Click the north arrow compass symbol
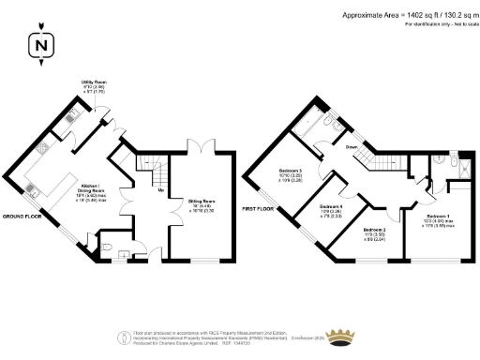[40, 43]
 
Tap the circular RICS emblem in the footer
[119, 337]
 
